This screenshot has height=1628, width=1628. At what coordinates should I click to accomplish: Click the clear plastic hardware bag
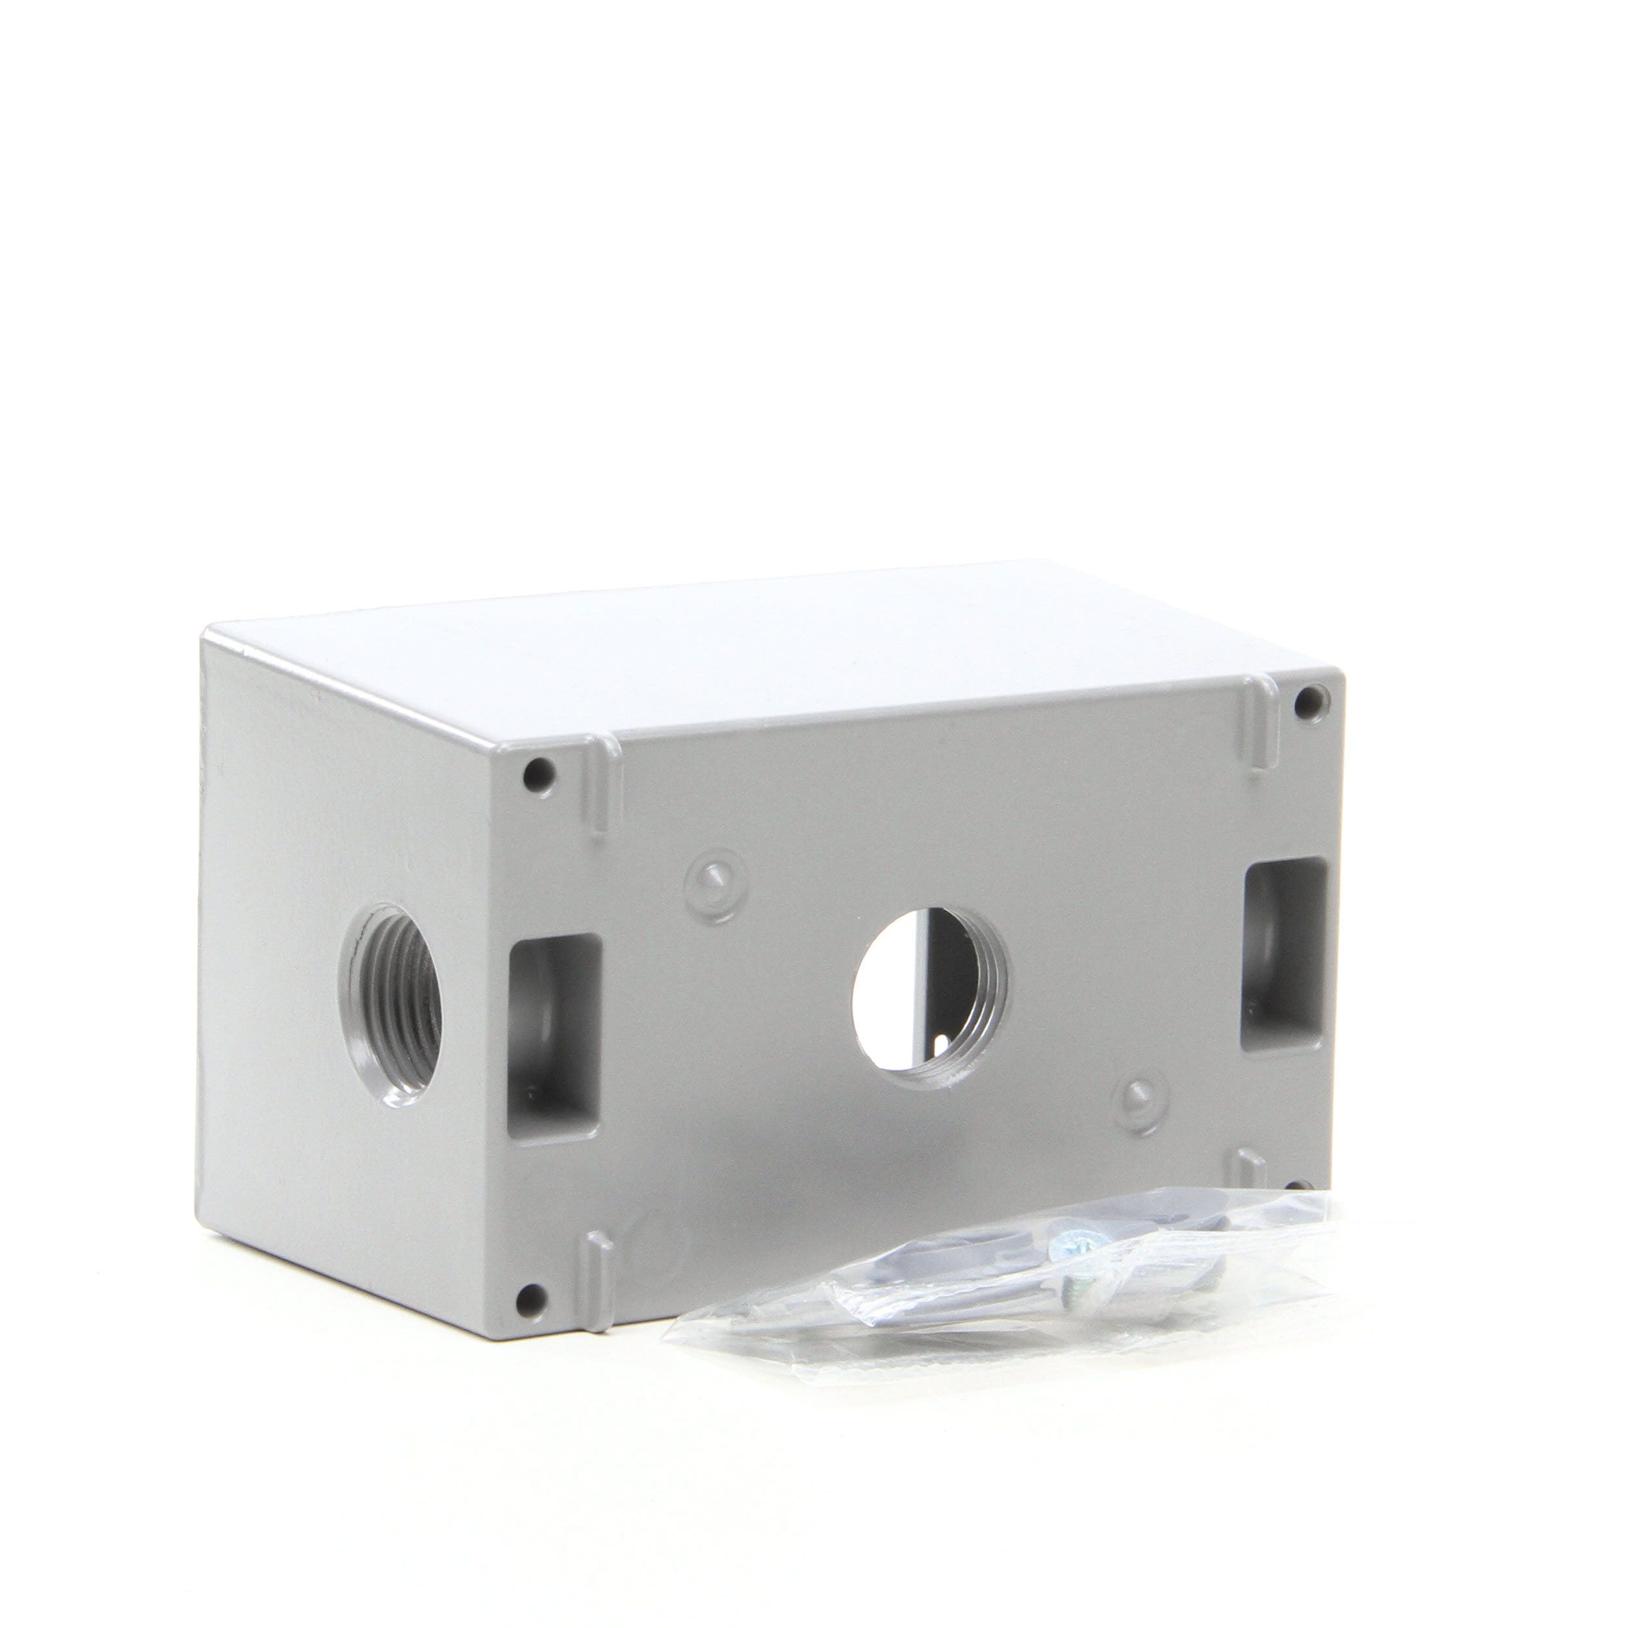tap(1011, 1272)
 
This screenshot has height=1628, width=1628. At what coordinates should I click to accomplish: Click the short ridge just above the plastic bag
tap(1252, 1172)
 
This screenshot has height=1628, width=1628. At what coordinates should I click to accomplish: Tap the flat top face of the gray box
tap(759, 649)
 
